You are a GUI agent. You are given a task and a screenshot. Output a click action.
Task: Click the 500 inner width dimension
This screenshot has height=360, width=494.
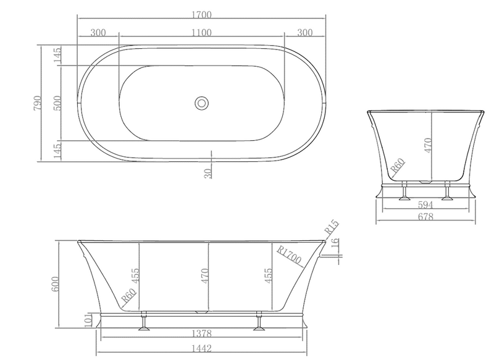[57, 103]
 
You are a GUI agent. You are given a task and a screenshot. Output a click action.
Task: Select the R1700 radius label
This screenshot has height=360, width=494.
[289, 255]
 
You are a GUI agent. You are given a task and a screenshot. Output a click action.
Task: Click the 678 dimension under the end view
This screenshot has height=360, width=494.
[425, 217]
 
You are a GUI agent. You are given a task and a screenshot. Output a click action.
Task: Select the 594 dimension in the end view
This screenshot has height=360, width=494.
[425, 204]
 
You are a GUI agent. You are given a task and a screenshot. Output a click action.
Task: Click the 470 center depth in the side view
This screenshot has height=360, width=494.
[212, 274]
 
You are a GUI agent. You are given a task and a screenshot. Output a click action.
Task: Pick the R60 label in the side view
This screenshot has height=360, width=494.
[128, 297]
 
